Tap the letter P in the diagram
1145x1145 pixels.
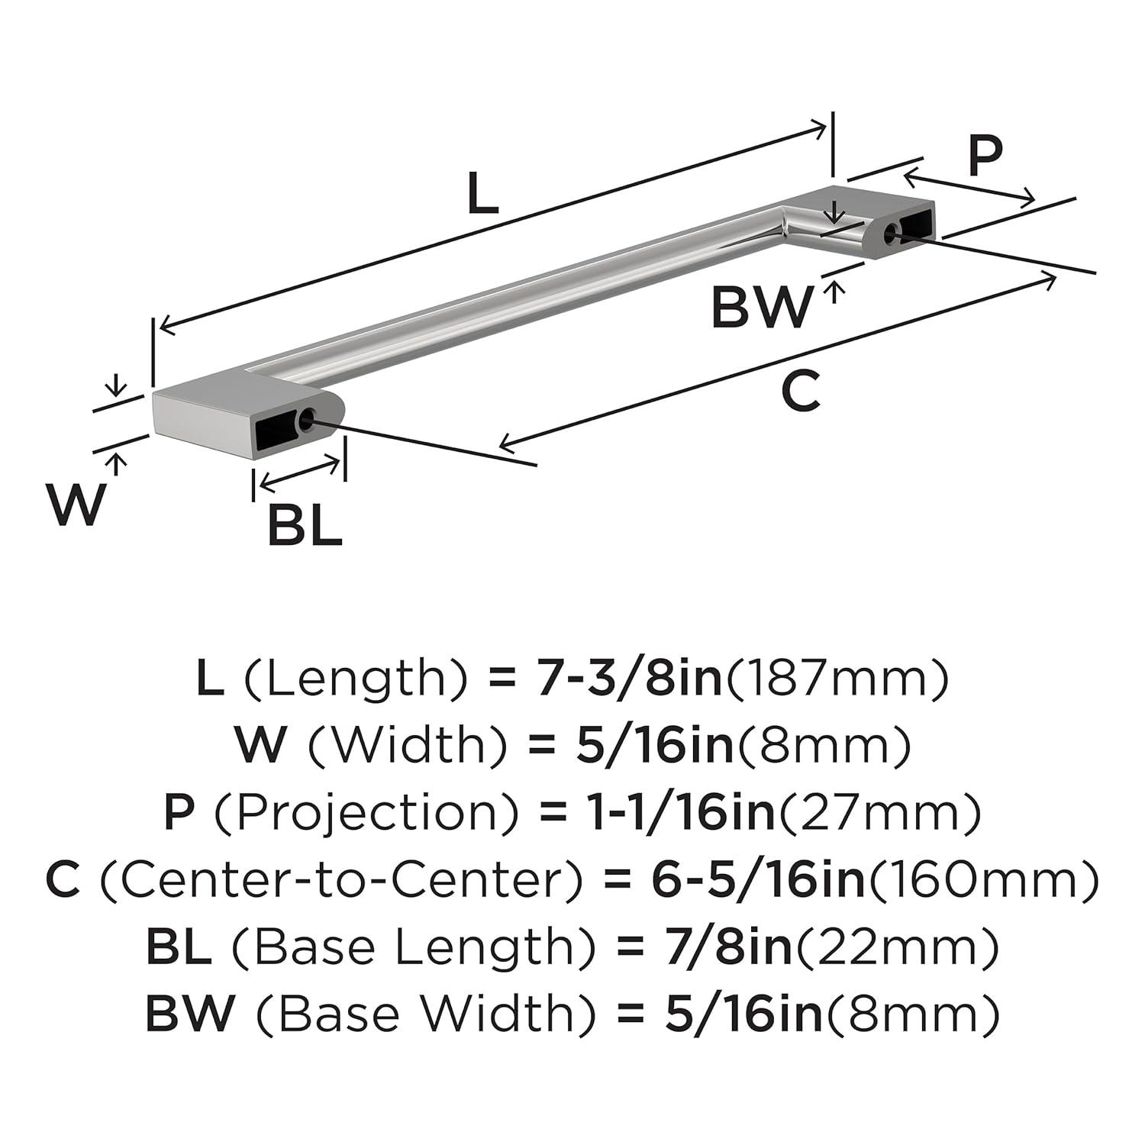pyautogui.click(x=984, y=156)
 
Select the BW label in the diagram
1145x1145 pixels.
pyautogui.click(x=762, y=307)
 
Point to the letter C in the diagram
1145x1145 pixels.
pyautogui.click(x=801, y=392)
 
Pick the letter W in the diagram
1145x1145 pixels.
pyautogui.click(x=75, y=505)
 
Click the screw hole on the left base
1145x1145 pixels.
pyautogui.click(x=308, y=419)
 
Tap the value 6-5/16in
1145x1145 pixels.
pyautogui.click(x=759, y=880)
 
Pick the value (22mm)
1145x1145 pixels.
pyautogui.click(x=898, y=947)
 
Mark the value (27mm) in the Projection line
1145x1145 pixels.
pyautogui.click(x=878, y=813)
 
